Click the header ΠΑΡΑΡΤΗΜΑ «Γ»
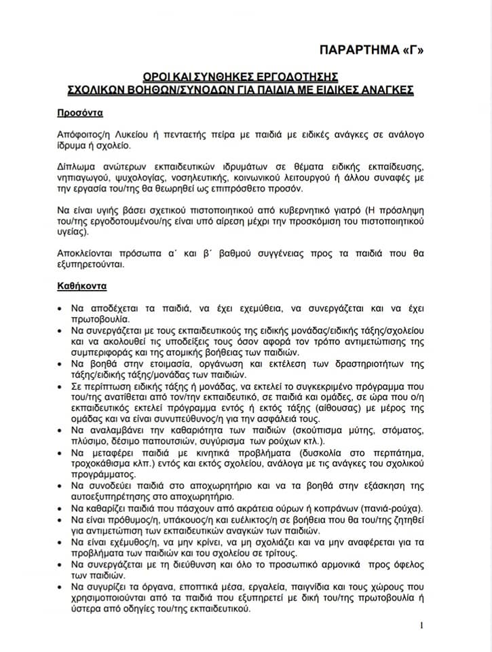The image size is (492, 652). (x=376, y=50)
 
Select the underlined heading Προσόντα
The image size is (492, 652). (x=80, y=112)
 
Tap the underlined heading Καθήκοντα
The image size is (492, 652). (x=83, y=287)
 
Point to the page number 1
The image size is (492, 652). (x=421, y=626)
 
